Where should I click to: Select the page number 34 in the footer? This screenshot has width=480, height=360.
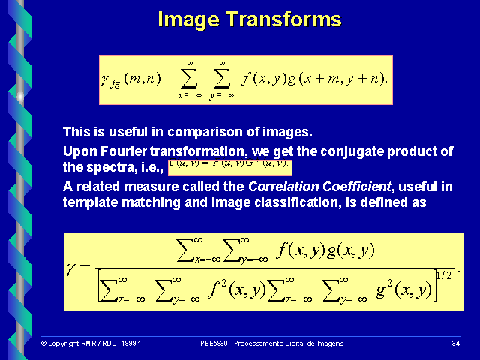[455, 343]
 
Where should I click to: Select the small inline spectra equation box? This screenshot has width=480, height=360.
[228, 166]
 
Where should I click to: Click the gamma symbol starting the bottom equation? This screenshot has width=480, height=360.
[73, 268]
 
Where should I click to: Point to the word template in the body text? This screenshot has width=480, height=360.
[88, 201]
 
